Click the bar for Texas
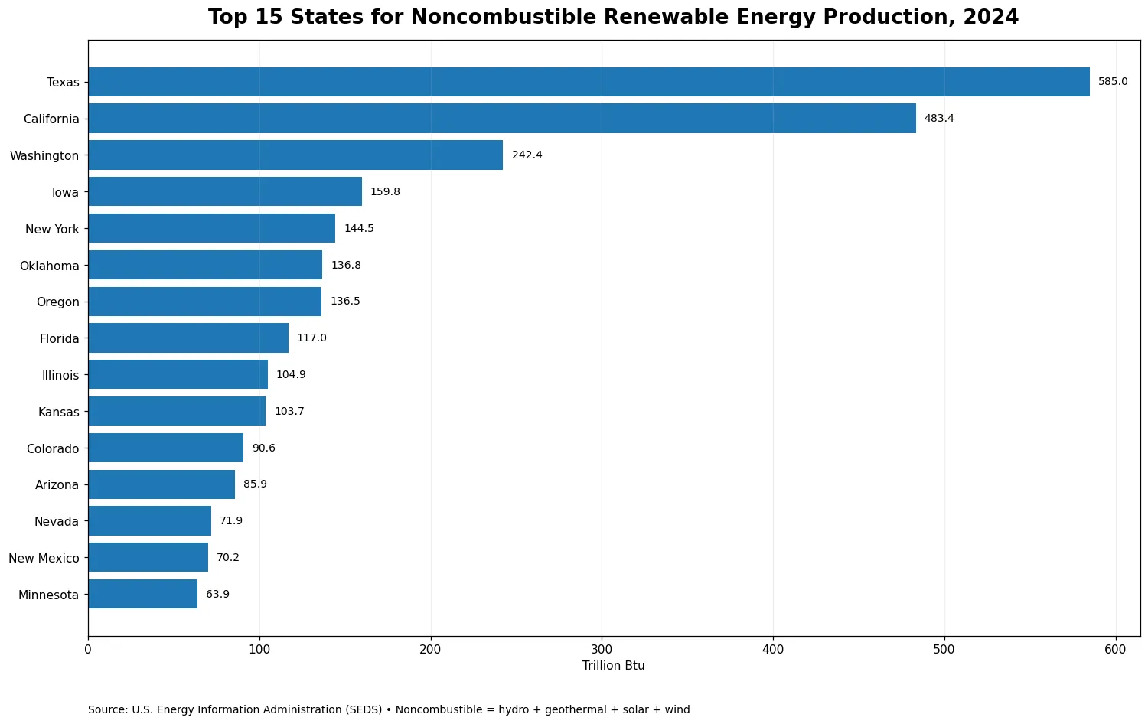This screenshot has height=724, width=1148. click(x=589, y=82)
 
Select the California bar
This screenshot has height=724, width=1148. click(x=502, y=119)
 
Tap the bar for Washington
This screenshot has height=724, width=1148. click(x=295, y=155)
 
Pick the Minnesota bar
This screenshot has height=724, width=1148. click(x=143, y=595)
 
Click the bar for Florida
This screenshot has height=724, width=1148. click(x=188, y=338)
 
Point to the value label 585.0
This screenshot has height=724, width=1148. click(x=1113, y=81)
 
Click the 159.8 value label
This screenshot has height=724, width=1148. click(x=386, y=191)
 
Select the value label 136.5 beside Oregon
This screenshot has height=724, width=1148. click(x=345, y=302)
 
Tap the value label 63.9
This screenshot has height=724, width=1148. click(x=218, y=595)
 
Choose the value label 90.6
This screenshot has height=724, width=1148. click(x=264, y=448)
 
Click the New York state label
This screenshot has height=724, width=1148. click(x=52, y=229)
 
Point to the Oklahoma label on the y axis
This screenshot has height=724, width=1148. click(x=50, y=266)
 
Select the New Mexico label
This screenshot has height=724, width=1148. click(x=44, y=558)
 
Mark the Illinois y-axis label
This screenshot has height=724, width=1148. click(x=60, y=376)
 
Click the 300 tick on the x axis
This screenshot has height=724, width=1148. click(x=602, y=650)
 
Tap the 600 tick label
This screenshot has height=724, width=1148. click(x=1115, y=650)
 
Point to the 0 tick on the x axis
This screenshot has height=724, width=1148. click(x=88, y=650)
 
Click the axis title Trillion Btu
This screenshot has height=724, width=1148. click(x=614, y=666)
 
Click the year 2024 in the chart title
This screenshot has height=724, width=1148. click(x=990, y=17)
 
